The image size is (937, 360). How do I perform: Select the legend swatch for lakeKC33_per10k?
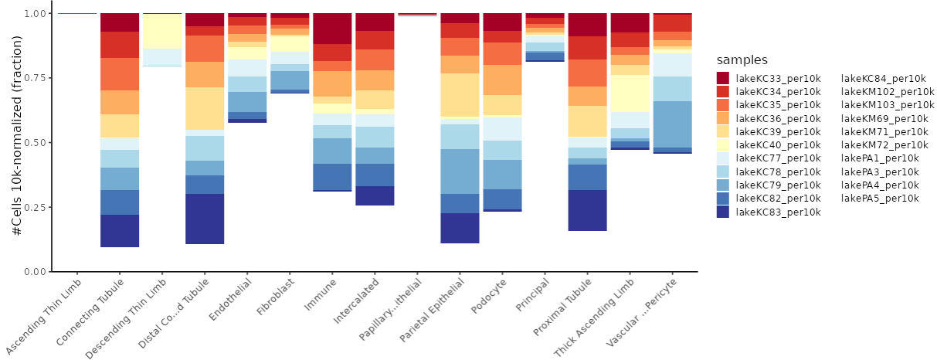[x=724, y=78]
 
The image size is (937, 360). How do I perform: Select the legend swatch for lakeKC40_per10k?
[x=724, y=145]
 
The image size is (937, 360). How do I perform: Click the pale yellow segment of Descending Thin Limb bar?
[x=162, y=31]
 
